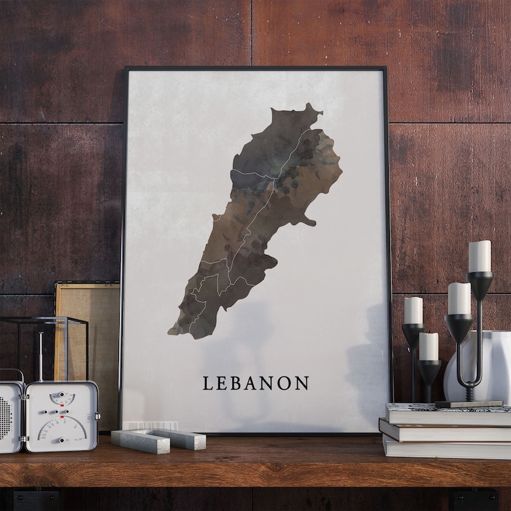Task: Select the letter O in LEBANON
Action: click(285, 384)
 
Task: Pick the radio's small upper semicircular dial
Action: click(62, 399)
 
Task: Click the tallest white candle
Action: click(479, 256)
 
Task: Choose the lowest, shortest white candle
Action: click(429, 346)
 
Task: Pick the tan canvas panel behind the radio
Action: click(87, 322)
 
